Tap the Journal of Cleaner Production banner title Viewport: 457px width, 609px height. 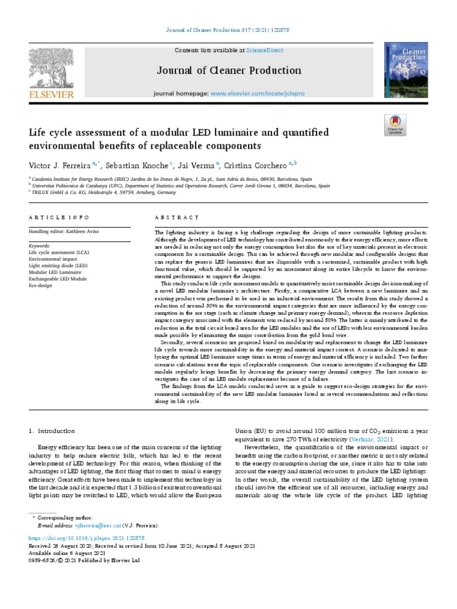tap(229, 71)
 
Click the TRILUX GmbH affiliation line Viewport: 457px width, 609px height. tap(104, 193)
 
